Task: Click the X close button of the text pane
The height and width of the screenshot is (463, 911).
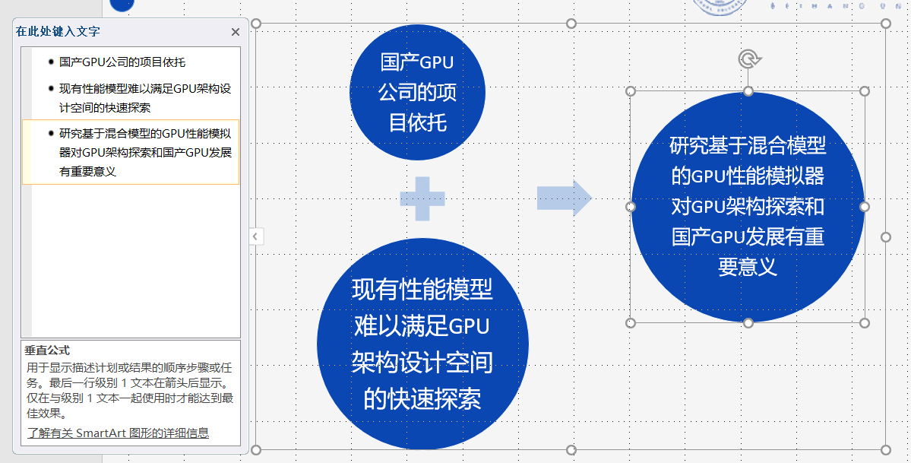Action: [236, 32]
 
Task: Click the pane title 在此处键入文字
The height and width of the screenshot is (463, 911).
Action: [58, 31]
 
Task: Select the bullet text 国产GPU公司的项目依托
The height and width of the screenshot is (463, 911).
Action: [122, 62]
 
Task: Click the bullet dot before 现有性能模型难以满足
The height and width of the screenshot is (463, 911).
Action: [52, 88]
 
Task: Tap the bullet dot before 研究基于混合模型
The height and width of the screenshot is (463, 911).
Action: [52, 133]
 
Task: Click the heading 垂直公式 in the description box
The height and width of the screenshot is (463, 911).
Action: [47, 350]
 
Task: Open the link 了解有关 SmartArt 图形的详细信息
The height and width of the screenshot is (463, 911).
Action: [118, 433]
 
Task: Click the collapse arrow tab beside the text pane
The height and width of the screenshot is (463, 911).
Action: [255, 236]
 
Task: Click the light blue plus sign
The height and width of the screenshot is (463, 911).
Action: [422, 199]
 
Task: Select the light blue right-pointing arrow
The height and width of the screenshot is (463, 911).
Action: [564, 198]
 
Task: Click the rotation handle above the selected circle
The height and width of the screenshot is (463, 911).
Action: [749, 59]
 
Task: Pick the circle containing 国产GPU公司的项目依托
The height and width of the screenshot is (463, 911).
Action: [417, 92]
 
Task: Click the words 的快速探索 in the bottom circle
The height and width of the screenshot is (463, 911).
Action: [422, 399]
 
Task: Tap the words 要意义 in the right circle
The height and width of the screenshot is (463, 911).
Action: [748, 267]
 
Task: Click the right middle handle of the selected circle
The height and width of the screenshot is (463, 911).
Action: [865, 207]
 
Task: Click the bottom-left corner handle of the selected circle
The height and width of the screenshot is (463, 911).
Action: [631, 323]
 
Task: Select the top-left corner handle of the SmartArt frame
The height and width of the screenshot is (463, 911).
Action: [256, 24]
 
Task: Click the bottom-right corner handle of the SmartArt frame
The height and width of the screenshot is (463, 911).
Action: [885, 449]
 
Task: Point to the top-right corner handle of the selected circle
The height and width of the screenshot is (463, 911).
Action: [865, 91]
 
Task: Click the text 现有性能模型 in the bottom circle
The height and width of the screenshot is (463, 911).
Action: [422, 289]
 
